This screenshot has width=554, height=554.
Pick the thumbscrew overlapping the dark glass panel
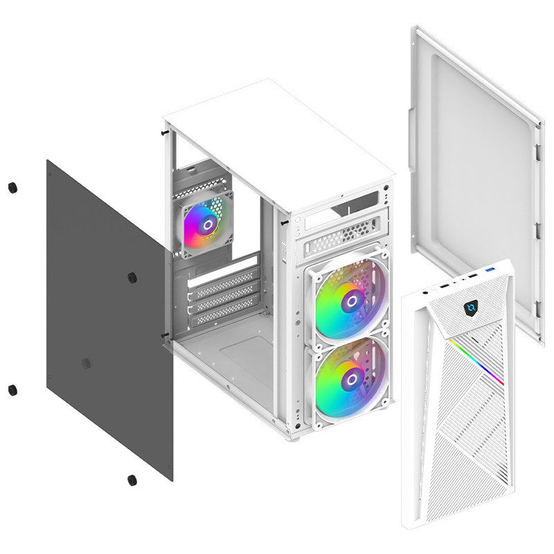132,278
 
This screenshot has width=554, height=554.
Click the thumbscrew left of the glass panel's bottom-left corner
12,389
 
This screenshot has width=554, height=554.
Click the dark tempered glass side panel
104,325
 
